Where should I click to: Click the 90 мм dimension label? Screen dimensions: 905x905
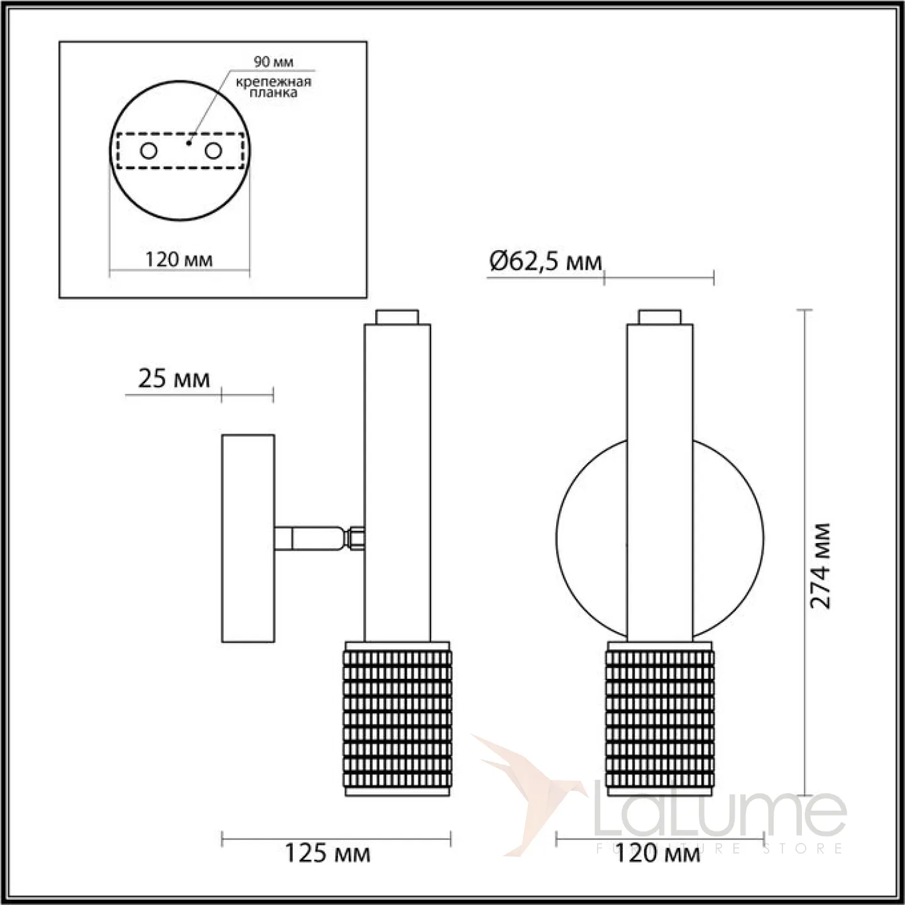click(x=273, y=62)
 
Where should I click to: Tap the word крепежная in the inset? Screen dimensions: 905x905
click(x=273, y=82)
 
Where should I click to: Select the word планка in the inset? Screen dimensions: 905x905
click(x=273, y=92)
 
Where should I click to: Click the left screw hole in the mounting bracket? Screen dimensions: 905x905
click(x=148, y=151)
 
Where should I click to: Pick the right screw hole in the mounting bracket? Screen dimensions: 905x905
click(x=213, y=151)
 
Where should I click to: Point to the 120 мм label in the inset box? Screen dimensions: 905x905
click(x=178, y=259)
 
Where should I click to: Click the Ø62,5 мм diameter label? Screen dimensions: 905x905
click(x=546, y=261)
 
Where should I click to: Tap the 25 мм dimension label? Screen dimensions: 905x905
click(x=173, y=378)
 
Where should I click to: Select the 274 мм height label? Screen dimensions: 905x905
click(x=820, y=566)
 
